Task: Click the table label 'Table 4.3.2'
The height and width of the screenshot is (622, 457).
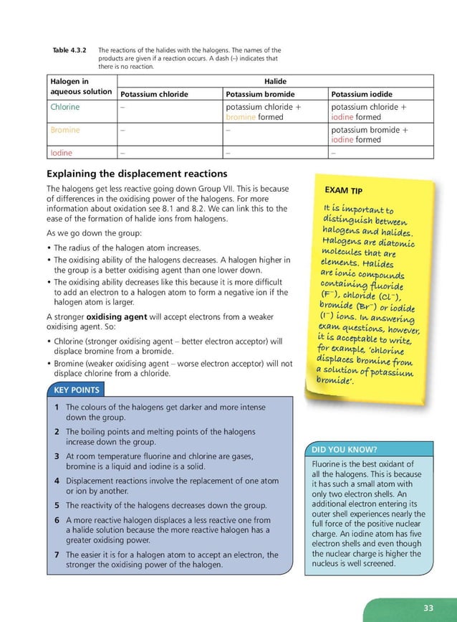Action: pyautogui.click(x=69, y=50)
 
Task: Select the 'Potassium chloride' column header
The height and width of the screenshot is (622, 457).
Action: pyautogui.click(x=154, y=94)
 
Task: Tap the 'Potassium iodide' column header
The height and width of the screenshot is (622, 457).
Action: pyautogui.click(x=361, y=94)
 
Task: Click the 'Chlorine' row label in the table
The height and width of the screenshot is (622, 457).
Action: pyautogui.click(x=65, y=107)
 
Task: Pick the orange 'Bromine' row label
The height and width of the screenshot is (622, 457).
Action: pyautogui.click(x=65, y=131)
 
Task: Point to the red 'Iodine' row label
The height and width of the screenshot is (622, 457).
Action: pyautogui.click(x=62, y=153)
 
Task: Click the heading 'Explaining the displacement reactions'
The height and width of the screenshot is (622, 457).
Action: pyautogui.click(x=137, y=174)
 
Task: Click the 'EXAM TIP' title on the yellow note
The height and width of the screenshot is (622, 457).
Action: pyautogui.click(x=343, y=191)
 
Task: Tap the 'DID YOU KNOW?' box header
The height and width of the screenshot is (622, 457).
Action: pyautogui.click(x=343, y=450)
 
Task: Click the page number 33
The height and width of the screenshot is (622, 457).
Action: pyautogui.click(x=428, y=608)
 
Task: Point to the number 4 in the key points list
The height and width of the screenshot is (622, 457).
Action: pyautogui.click(x=56, y=480)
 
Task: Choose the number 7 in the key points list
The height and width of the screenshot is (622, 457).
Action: pyautogui.click(x=56, y=555)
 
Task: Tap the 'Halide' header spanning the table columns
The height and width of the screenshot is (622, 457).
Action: pyautogui.click(x=276, y=82)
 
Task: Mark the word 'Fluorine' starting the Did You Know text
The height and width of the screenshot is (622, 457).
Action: pyautogui.click(x=327, y=464)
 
